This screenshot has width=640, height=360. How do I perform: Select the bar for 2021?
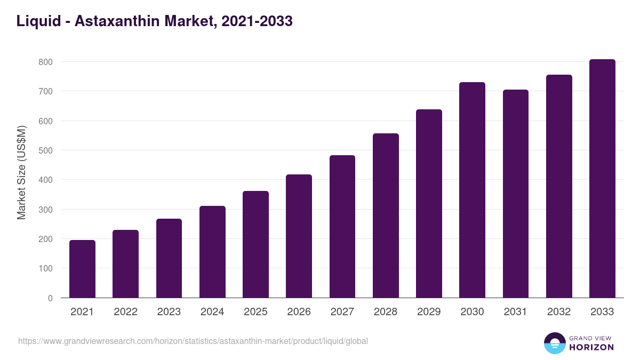point(82,269)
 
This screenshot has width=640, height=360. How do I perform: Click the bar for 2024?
point(212,252)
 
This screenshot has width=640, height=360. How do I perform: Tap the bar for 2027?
point(342,227)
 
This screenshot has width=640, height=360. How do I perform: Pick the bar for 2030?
point(472,190)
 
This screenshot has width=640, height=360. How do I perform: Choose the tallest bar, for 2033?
point(602,179)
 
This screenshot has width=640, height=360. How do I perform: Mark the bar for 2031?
point(516,194)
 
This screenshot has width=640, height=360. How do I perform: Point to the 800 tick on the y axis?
point(45,62)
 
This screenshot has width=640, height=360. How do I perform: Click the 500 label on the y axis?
point(45,150)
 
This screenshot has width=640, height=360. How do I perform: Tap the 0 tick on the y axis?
point(50,298)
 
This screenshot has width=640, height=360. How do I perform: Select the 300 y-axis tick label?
point(45,210)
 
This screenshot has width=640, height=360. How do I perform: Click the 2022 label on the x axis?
point(125,312)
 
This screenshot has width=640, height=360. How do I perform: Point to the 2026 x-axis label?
point(299,312)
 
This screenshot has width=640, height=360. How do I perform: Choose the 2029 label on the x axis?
point(429,312)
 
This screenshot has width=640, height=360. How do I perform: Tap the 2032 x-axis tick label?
point(559,312)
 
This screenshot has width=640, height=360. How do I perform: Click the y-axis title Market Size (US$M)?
point(22,172)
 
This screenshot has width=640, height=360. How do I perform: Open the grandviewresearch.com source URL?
point(193,341)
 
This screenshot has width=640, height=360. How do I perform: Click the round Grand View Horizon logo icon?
point(555,343)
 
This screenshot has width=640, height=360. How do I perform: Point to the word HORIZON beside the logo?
point(591,347)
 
